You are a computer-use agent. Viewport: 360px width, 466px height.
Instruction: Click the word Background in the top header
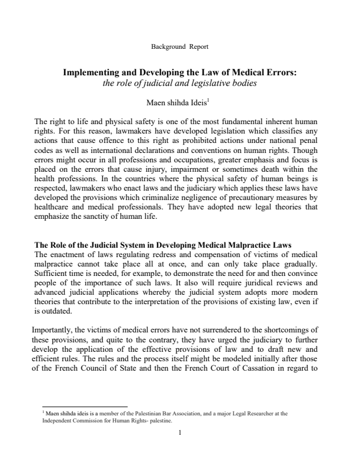(161, 46)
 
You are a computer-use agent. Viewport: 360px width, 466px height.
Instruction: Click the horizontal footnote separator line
(85, 407)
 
